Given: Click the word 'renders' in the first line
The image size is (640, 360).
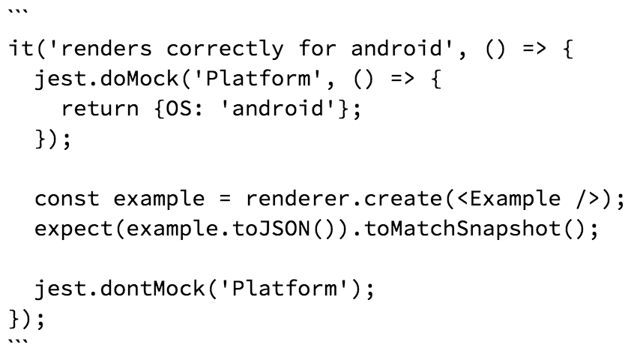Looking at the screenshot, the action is tap(106, 49).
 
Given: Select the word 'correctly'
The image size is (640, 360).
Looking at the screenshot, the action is tap(225, 49).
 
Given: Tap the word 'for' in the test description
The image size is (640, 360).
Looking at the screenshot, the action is tap(317, 48).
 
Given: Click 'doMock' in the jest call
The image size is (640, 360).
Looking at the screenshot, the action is tap(139, 78).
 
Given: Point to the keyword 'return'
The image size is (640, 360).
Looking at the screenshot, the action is tap(100, 108).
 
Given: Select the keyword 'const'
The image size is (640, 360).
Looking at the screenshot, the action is tap(67, 199).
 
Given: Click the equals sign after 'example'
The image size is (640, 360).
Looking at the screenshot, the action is tap(225, 199).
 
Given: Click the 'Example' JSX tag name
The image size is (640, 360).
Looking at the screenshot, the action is tap(515, 199).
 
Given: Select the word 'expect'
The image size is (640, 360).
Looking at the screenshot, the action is tap(73, 229).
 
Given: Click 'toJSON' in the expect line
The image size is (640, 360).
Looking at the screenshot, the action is tap(271, 229).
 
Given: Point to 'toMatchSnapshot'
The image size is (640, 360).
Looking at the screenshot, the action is tap(462, 229).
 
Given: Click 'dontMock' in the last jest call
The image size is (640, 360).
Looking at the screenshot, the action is tap(152, 288).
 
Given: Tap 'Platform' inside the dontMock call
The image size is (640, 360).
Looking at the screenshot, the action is tap(284, 288).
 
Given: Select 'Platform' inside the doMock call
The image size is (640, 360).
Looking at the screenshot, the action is tap(258, 78).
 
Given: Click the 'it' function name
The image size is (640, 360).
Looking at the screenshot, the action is tap(21, 48).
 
